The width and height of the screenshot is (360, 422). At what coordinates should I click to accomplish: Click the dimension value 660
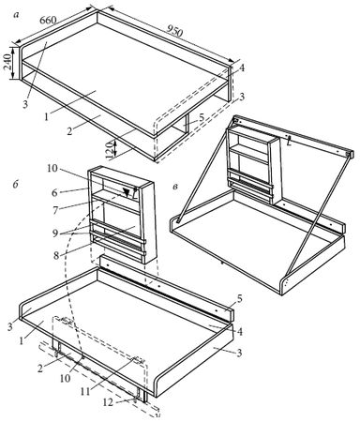click(49, 20)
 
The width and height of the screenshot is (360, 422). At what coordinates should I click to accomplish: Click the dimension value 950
click(174, 31)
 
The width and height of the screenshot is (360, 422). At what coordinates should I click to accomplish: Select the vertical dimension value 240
click(8, 62)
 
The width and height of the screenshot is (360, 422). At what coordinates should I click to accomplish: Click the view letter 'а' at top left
click(16, 15)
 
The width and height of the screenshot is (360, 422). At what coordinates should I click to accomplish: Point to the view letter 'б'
click(16, 185)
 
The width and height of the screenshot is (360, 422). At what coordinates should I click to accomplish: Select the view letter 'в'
click(176, 187)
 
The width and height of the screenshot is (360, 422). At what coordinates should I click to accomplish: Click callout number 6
click(54, 193)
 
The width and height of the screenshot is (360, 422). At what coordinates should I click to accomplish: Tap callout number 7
click(55, 210)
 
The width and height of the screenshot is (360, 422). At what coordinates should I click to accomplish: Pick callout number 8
click(56, 255)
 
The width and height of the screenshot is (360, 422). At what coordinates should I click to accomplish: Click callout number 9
click(55, 234)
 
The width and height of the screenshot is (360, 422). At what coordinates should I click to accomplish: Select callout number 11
click(85, 391)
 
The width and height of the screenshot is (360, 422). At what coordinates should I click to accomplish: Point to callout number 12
click(109, 402)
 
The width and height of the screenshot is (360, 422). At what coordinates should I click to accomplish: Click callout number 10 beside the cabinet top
click(52, 169)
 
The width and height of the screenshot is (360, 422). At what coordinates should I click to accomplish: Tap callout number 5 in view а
click(202, 117)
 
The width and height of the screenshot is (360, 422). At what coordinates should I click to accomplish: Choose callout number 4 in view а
click(242, 68)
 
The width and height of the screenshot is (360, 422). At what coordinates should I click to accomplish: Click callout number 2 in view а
click(69, 131)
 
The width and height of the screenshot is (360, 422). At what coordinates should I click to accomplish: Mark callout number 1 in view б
click(22, 340)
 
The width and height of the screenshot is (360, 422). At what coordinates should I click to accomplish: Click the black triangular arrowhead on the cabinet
click(126, 192)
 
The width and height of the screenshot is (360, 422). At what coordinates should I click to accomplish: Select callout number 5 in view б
click(240, 299)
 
